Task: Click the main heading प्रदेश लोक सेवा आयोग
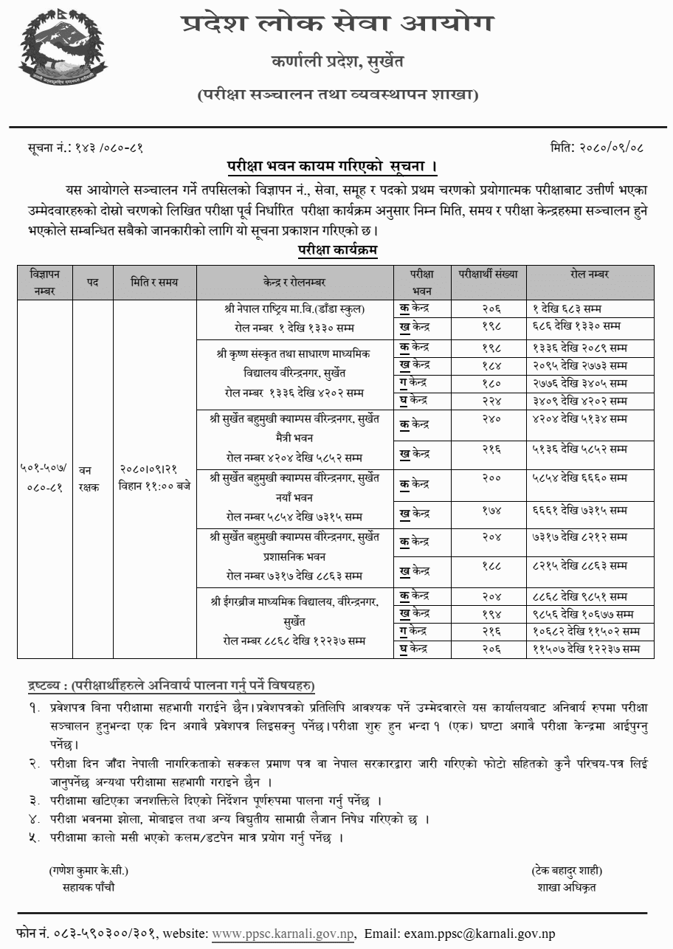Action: click(x=337, y=24)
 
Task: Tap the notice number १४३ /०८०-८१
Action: click(x=110, y=148)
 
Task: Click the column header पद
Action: click(x=92, y=281)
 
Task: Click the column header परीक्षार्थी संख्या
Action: click(x=488, y=274)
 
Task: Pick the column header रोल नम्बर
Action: click(x=589, y=274)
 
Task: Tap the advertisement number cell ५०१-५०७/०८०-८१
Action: click(x=44, y=476)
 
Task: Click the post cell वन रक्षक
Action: click(x=92, y=476)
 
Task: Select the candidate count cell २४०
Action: click(x=488, y=419)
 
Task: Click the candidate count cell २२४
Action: click(x=488, y=401)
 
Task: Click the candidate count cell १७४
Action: click(x=488, y=509)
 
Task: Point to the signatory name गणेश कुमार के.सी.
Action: click(x=89, y=871)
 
